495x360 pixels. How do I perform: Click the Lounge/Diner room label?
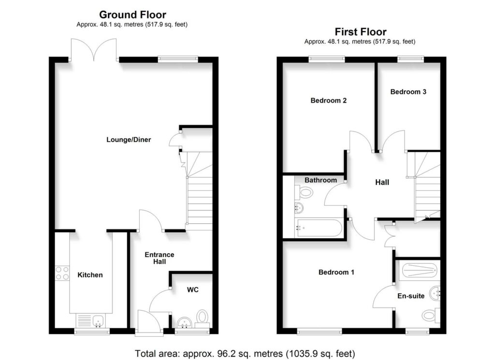[129, 140]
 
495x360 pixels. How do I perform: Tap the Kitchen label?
[90, 275]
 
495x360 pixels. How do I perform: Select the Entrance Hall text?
[160, 258]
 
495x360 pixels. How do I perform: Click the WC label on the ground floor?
[193, 290]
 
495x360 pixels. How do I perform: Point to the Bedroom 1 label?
[336, 273]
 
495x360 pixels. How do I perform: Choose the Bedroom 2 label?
[329, 101]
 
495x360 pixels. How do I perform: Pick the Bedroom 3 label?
[408, 91]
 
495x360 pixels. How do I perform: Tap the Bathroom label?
[320, 180]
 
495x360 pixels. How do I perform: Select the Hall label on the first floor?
[382, 183]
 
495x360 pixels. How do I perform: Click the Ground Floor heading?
[132, 15]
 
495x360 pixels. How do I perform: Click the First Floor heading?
[360, 32]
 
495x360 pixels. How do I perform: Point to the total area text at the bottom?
[247, 352]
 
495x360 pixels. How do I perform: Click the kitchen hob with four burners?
[62, 273]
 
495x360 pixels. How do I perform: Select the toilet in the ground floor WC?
[202, 317]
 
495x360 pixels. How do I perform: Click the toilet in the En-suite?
[429, 316]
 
